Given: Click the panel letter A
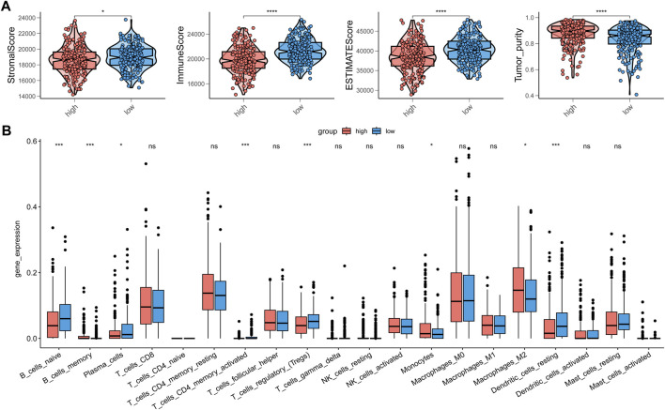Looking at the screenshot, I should click(8, 8).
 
